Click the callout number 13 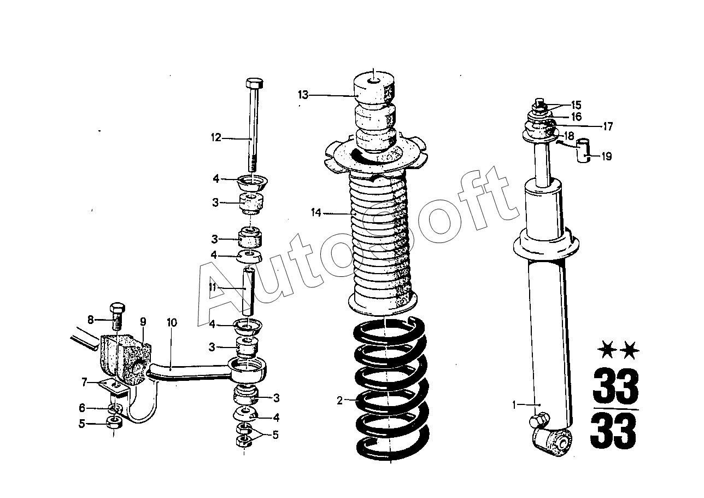click(x=303, y=95)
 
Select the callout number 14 click(x=316, y=213)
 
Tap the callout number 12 click(x=216, y=137)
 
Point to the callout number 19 click(x=607, y=156)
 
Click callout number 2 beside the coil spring click(x=339, y=401)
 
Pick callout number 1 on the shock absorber click(x=514, y=405)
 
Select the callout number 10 click(x=172, y=322)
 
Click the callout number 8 click(x=91, y=320)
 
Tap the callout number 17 click(x=608, y=126)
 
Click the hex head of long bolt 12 click(x=254, y=84)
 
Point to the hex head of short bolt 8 click(x=117, y=308)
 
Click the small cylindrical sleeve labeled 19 click(x=583, y=150)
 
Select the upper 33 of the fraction click(x=616, y=385)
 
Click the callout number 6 click(x=82, y=408)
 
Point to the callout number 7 click(x=84, y=382)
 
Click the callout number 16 click(x=577, y=117)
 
